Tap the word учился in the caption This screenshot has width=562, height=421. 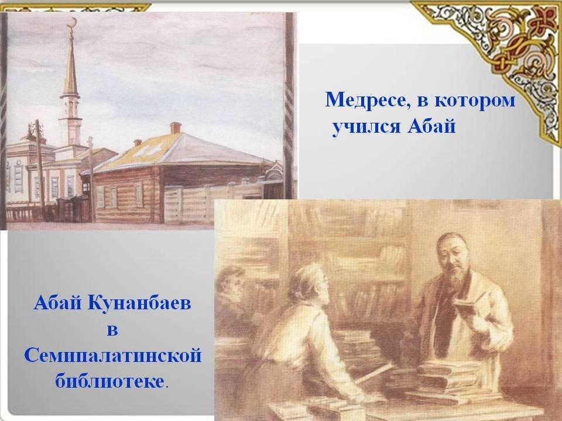pyautogui.click(x=365, y=127)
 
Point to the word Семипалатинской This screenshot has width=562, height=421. pyautogui.click(x=113, y=356)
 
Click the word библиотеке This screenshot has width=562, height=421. pyautogui.click(x=109, y=381)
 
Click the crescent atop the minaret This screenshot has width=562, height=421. pyautogui.click(x=73, y=22)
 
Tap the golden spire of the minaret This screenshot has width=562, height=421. pyautogui.click(x=71, y=64)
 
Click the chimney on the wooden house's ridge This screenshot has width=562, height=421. pyautogui.click(x=175, y=127)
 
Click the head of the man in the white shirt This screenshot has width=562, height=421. pyautogui.click(x=309, y=284)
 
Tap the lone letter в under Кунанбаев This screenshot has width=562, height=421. pyautogui.click(x=112, y=330)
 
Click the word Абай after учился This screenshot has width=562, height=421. pyautogui.click(x=431, y=127)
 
